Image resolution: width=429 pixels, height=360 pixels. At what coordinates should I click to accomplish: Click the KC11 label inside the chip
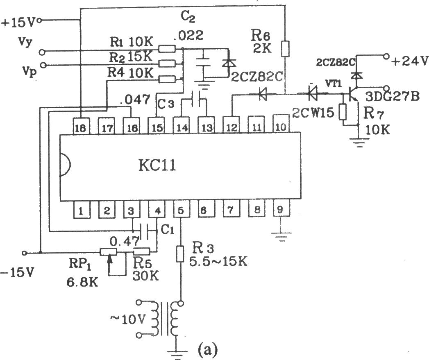coord(157,165)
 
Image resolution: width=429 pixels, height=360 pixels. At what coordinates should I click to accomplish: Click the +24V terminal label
coord(409,61)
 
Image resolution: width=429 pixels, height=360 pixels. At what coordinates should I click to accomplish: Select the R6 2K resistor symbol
coord(285,49)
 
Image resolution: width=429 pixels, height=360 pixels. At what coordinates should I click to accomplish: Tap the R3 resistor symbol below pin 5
coord(180,254)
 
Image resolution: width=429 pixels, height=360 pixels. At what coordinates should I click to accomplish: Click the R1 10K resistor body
coord(166,49)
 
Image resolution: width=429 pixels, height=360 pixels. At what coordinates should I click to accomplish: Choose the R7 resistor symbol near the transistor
coord(343,112)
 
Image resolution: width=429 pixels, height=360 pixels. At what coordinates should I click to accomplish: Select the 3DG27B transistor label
coord(392,97)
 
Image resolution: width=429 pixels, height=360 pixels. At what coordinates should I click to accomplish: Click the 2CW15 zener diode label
coord(313,112)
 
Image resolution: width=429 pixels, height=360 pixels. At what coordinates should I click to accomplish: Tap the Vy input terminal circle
coord(41,52)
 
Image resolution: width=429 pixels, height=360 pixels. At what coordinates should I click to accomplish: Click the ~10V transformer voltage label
coord(127,319)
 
